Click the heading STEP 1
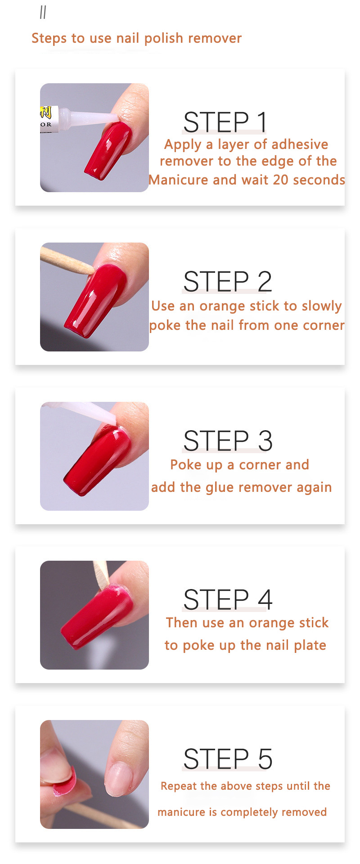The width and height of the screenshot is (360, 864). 225,122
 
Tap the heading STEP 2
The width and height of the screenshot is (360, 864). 227,282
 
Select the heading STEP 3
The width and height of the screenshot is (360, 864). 228,441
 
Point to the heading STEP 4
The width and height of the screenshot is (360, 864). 228,599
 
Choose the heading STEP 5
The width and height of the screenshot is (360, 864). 228,759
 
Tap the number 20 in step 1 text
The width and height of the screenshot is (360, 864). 280,180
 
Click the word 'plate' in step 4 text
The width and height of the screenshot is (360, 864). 310,645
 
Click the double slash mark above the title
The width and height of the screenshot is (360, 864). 43,13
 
